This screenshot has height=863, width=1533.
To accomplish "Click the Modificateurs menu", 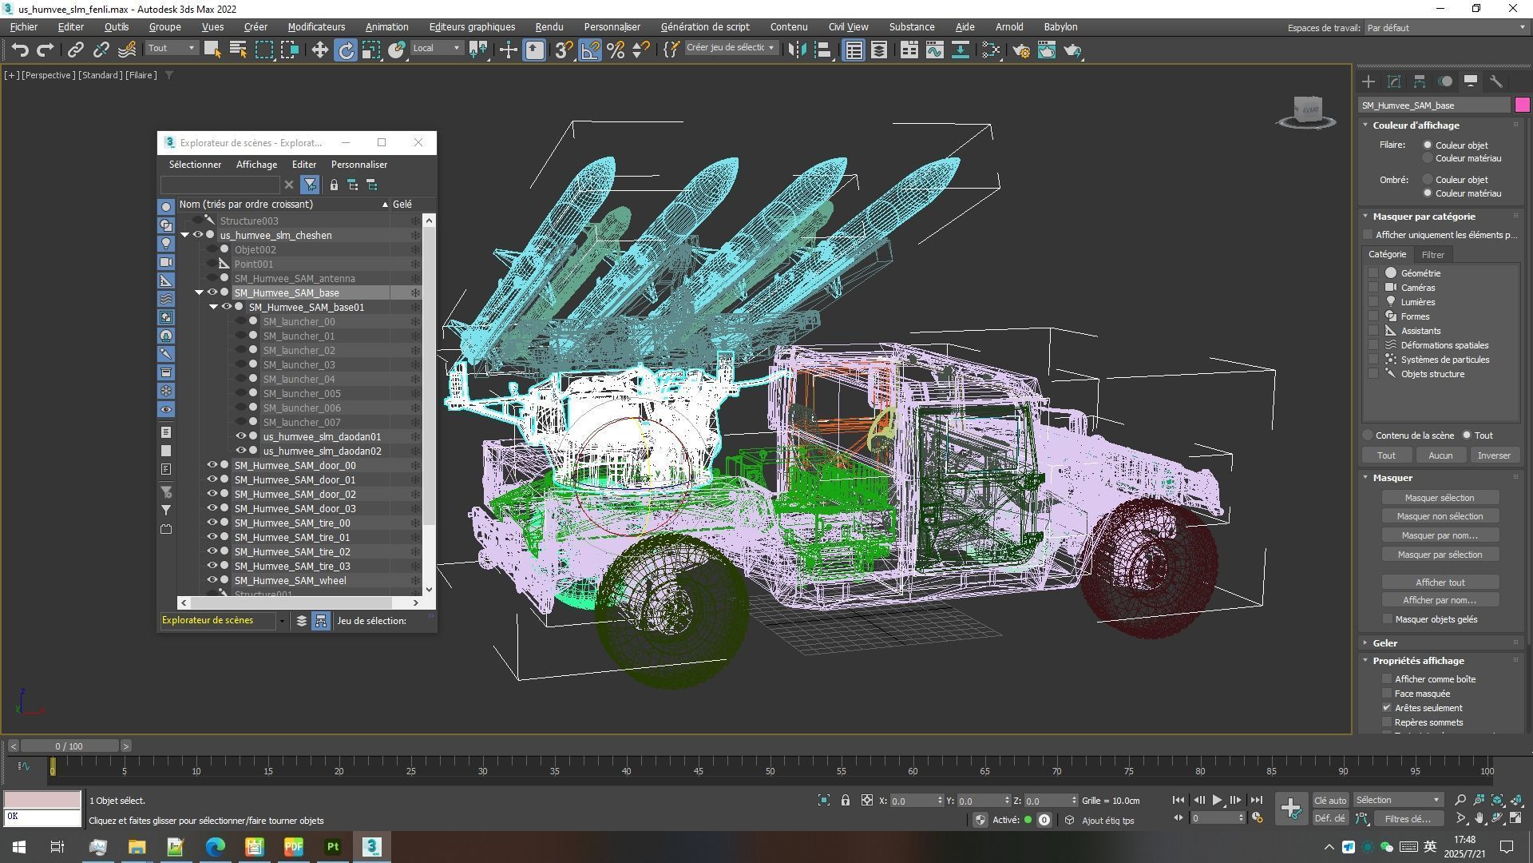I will (x=316, y=27).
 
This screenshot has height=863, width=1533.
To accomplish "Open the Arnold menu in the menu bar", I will (x=1008, y=27).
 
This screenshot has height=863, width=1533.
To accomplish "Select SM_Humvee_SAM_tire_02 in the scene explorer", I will (x=291, y=552).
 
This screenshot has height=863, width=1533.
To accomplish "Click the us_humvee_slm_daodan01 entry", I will (x=322, y=437).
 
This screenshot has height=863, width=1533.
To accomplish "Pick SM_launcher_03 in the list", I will (x=299, y=365).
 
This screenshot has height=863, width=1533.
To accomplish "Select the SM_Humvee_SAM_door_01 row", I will (x=295, y=480).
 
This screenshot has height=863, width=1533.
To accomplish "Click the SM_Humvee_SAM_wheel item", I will (x=290, y=581).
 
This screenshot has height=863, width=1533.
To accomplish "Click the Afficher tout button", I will (x=1440, y=583).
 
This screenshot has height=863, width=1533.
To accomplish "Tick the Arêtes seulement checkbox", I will (x=1387, y=708).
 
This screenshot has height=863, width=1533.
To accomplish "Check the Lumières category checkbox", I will (x=1373, y=302).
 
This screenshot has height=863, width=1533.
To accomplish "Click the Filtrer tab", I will (x=1432, y=255).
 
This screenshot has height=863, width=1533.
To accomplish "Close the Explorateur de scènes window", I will (x=418, y=142).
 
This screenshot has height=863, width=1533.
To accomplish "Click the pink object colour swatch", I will (x=1522, y=105).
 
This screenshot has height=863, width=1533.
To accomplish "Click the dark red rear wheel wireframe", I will (x=1150, y=567).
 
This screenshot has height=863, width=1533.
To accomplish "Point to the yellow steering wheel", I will (x=883, y=427).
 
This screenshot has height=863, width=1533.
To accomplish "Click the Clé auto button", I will (x=1329, y=801).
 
